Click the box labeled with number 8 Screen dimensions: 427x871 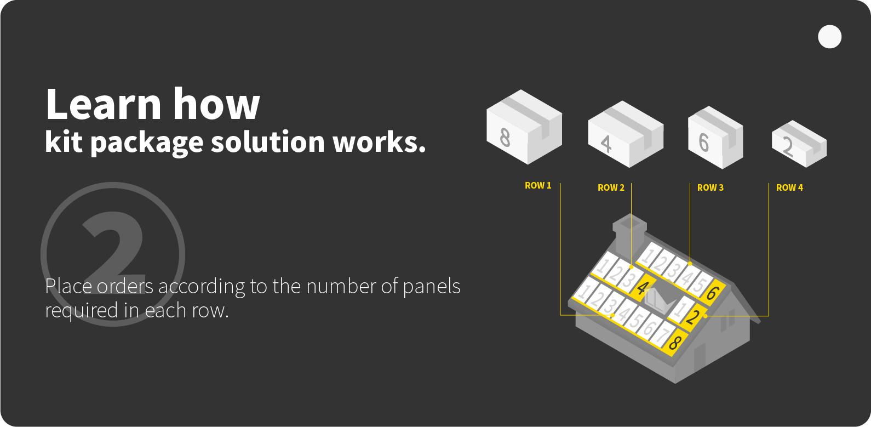[523, 127]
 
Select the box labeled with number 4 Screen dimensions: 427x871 [624, 134]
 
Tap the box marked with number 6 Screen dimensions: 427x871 [715, 138]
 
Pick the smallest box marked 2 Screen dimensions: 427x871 [799, 144]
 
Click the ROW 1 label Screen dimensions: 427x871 [538, 186]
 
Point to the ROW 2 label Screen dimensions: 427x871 [611, 187]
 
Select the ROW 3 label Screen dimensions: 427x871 [710, 187]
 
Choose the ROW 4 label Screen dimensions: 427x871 [789, 187]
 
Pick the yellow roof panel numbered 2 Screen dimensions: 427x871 [692, 316]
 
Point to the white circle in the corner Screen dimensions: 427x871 [829, 37]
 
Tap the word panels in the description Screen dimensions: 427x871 [432, 286]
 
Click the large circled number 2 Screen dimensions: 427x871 [113, 254]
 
